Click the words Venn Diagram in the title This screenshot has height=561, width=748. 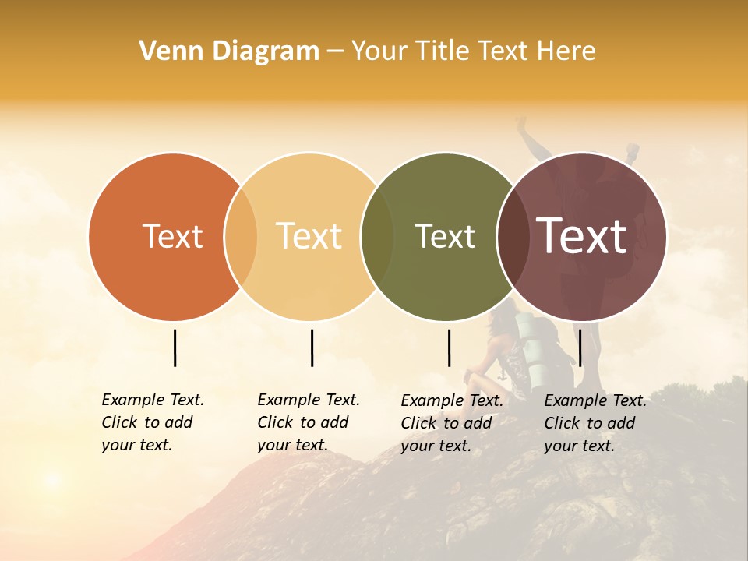tap(229, 51)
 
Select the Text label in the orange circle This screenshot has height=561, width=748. tap(172, 236)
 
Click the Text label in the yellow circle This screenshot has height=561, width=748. tap(309, 236)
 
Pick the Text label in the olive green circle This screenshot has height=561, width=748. tap(445, 236)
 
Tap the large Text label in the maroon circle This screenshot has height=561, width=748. tap(582, 236)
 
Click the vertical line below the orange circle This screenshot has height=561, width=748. tap(175, 348)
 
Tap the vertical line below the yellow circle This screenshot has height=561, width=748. tap(312, 348)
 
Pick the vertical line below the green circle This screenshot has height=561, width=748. tap(449, 348)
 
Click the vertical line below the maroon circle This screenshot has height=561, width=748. tap(580, 348)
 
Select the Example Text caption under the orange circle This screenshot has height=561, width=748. tap(152, 422)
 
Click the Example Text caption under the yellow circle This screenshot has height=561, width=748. tap(308, 422)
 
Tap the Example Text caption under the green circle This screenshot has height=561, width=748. tap(451, 423)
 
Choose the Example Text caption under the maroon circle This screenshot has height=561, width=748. tap(595, 423)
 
